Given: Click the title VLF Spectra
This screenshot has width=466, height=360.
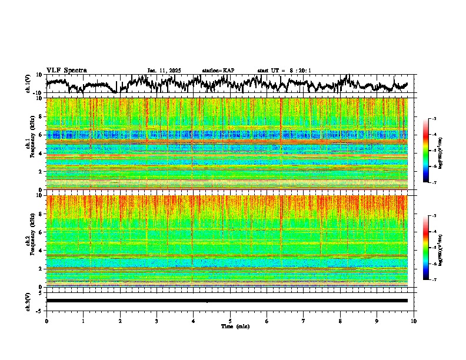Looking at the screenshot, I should (66, 71).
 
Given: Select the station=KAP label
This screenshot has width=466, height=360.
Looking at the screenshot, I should (218, 71).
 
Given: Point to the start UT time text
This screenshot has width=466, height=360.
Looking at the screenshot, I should (284, 71).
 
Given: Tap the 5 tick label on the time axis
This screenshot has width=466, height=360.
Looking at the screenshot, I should (230, 321).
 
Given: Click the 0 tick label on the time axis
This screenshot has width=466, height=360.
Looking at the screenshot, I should (46, 321).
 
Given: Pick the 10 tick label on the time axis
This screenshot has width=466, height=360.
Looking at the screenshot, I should (414, 321).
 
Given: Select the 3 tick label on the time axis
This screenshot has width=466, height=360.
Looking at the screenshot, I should (157, 321).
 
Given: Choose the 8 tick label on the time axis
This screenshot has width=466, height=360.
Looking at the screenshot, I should (340, 321).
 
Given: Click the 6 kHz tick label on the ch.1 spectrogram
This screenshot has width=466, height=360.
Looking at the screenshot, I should (41, 135).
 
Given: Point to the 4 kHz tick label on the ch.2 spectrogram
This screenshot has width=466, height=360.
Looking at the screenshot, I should (41, 251).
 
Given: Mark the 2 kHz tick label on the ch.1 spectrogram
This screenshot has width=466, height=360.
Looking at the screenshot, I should (41, 172).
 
